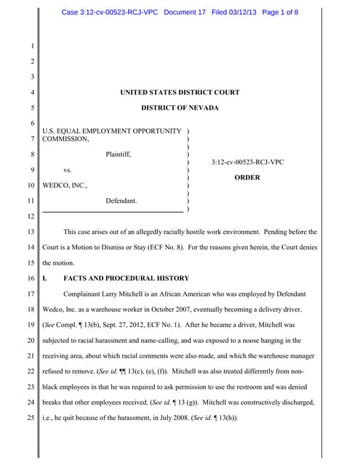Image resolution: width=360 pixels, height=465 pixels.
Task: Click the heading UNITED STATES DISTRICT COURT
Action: [x=180, y=92]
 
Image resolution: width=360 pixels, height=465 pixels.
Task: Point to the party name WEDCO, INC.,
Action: [x=65, y=185]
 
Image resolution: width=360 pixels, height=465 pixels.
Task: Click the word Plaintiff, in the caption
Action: [x=119, y=154]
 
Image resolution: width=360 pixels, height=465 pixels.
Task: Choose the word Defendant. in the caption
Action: [x=121, y=200]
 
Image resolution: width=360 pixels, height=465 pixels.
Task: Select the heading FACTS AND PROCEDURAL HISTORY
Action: [x=127, y=278]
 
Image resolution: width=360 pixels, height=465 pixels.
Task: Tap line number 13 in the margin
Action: [x=30, y=232]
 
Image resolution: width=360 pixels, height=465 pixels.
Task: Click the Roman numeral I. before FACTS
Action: [x=46, y=278]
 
